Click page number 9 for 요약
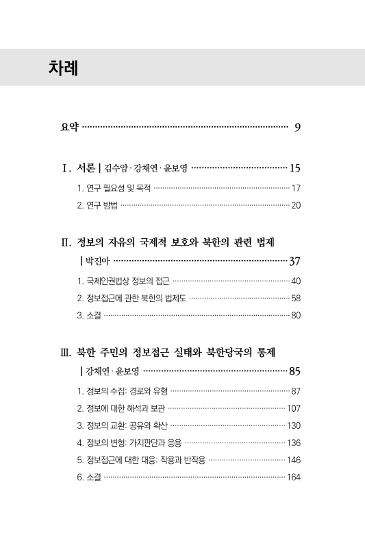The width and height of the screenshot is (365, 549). (297, 127)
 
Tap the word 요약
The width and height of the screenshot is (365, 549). (69, 127)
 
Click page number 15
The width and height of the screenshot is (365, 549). (295, 167)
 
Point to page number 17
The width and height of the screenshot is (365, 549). (296, 187)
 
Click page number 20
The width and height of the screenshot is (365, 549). (296, 205)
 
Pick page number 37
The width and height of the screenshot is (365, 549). (295, 261)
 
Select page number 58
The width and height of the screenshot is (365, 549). (296, 299)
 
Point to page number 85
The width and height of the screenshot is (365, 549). (295, 372)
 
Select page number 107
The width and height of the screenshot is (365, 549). (294, 409)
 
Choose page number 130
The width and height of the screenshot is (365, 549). (294, 426)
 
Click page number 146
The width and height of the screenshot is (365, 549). (294, 460)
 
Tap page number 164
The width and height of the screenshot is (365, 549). (294, 478)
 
